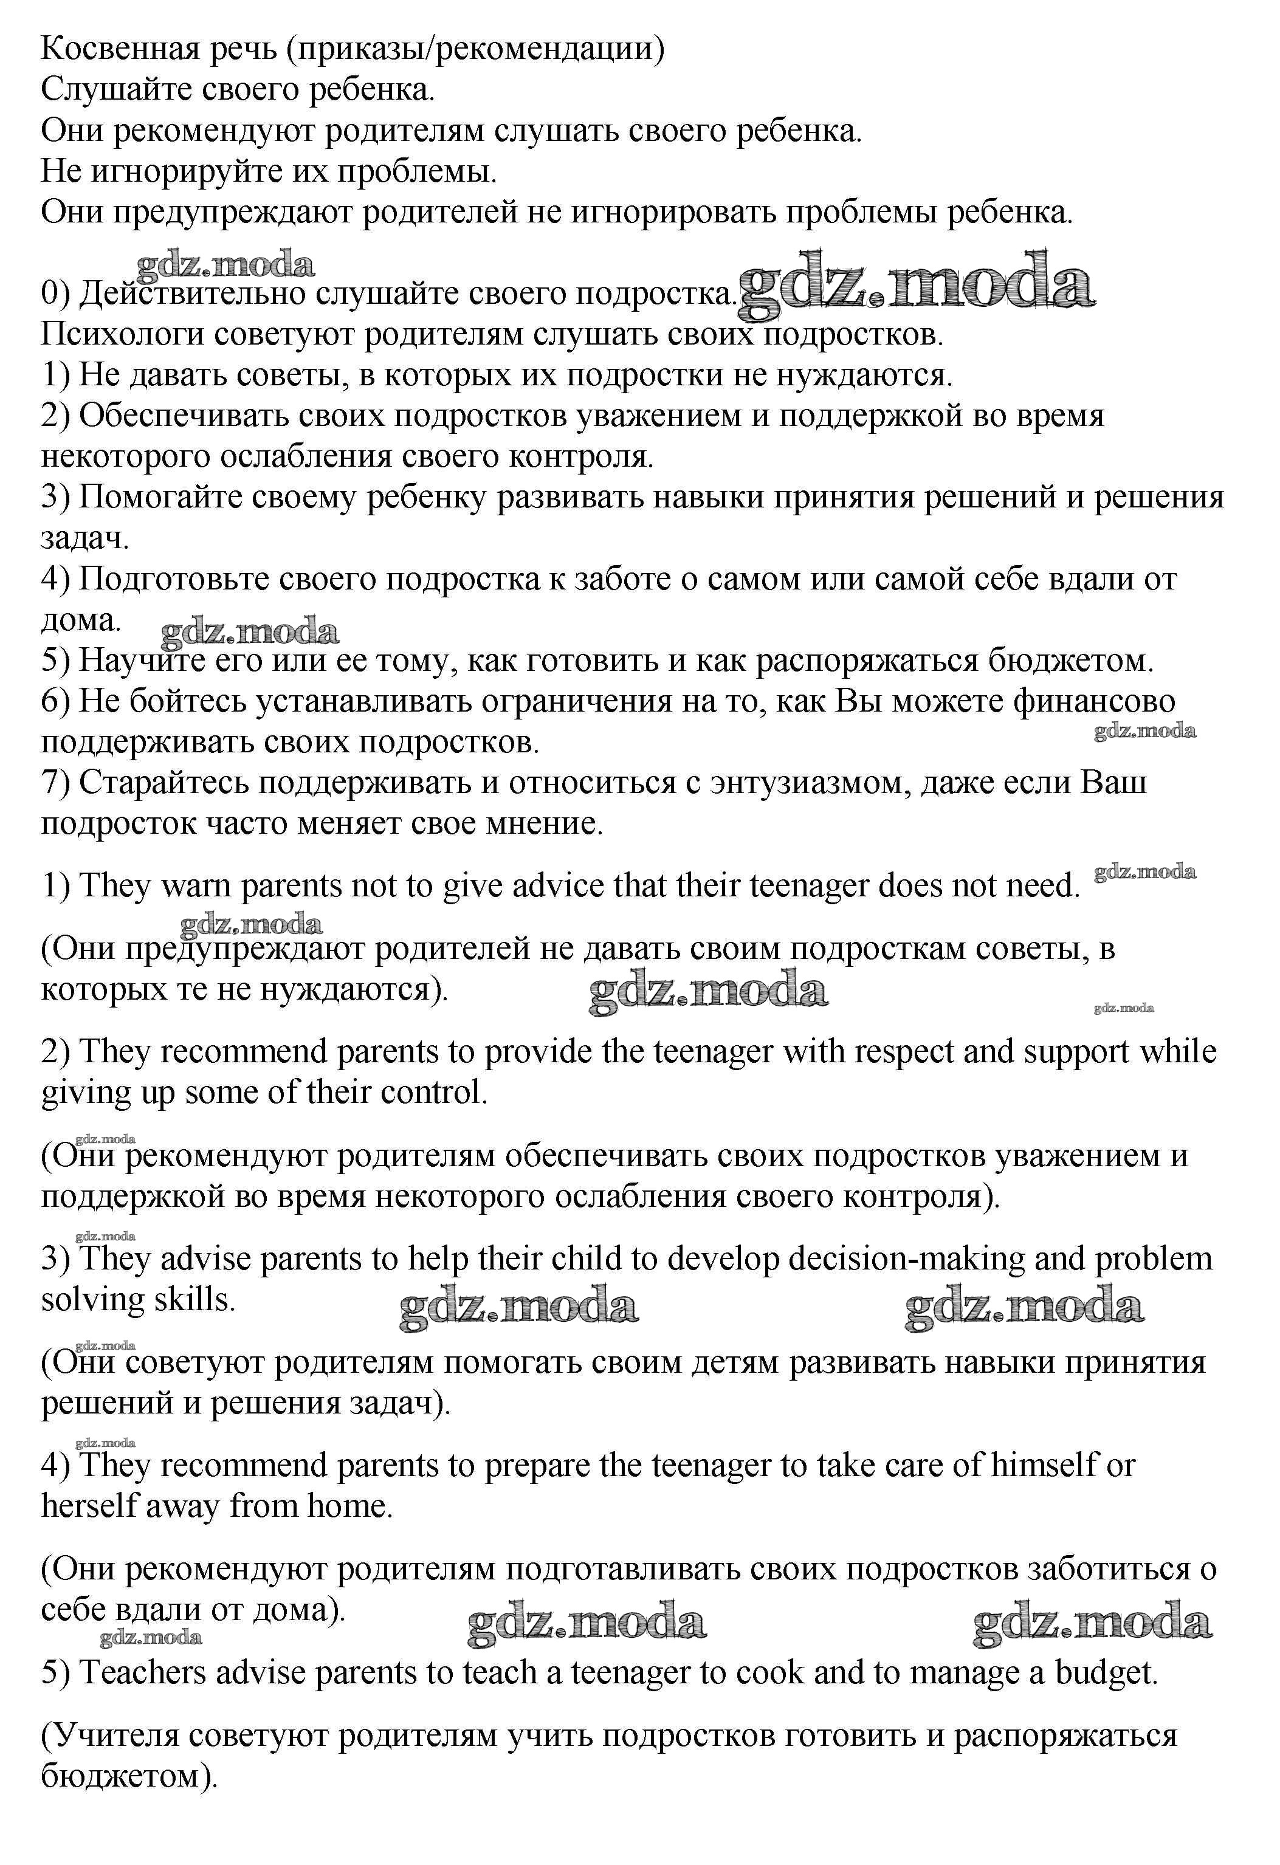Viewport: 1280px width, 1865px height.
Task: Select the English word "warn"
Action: (x=196, y=886)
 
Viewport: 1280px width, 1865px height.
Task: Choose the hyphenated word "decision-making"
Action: (x=907, y=1259)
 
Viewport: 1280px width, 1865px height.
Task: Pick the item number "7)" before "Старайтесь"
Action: (x=56, y=783)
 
